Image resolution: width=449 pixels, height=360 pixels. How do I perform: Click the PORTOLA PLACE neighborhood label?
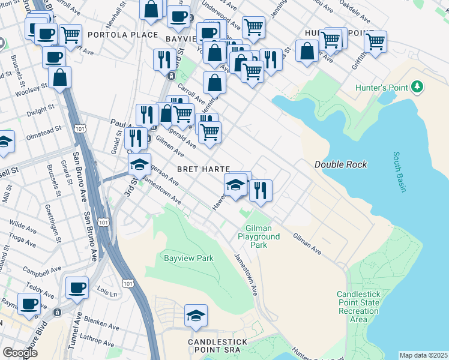point(122,35)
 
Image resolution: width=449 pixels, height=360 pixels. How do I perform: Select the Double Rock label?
point(341,164)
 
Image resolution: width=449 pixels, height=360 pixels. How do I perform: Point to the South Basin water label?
point(400,172)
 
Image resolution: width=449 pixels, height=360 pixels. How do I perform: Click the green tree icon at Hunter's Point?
point(418,88)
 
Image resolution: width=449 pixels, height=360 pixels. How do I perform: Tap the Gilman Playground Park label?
point(263,236)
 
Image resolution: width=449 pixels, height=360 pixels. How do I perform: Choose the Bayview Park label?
point(188,259)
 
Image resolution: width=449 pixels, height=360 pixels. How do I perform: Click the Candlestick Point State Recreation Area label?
point(358,307)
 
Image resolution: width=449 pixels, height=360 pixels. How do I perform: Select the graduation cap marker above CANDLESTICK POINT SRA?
point(196,316)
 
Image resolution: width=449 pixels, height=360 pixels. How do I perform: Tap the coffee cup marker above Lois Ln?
point(77,287)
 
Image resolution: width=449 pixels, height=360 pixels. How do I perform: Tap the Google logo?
point(20,353)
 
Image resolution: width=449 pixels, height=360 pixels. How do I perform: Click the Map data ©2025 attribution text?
point(423,355)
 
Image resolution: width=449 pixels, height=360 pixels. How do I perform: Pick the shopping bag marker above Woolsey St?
point(60,77)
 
